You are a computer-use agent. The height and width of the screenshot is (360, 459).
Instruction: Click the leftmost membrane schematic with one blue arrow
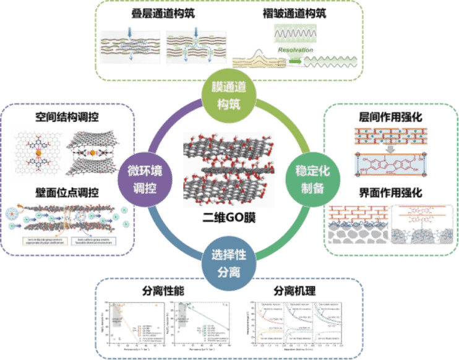130,46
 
